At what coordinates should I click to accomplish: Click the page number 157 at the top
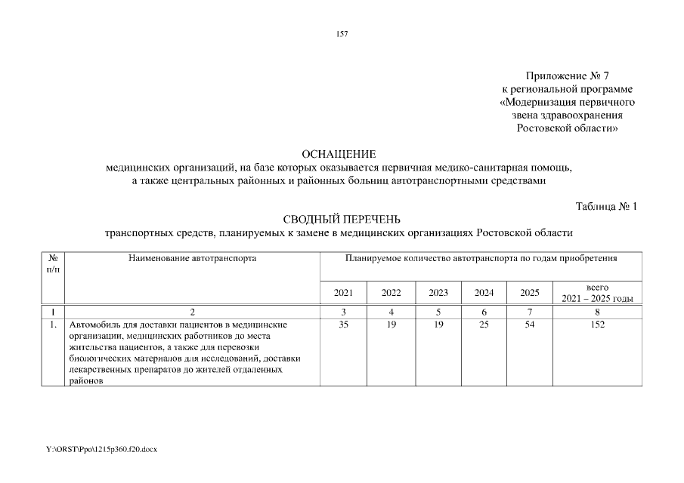point(342,33)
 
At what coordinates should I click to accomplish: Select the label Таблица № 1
point(607,206)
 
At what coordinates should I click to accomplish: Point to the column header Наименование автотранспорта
point(192,259)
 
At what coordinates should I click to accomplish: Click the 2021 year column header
point(343,293)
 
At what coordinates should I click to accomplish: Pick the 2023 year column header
point(438,293)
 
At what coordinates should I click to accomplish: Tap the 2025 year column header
point(530,293)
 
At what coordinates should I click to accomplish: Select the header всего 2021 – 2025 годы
point(598,293)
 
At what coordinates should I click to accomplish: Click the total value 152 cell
point(598,325)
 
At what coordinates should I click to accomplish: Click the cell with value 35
point(343,325)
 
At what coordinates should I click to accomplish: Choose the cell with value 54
point(530,325)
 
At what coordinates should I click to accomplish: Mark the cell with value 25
point(484,325)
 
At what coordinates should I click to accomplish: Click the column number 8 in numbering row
point(598,312)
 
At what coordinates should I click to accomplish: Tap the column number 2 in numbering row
point(192,312)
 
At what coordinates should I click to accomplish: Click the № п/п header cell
point(53,263)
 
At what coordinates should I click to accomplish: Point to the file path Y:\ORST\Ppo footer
point(101,449)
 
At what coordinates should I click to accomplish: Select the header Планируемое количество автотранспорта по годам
point(481,259)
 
